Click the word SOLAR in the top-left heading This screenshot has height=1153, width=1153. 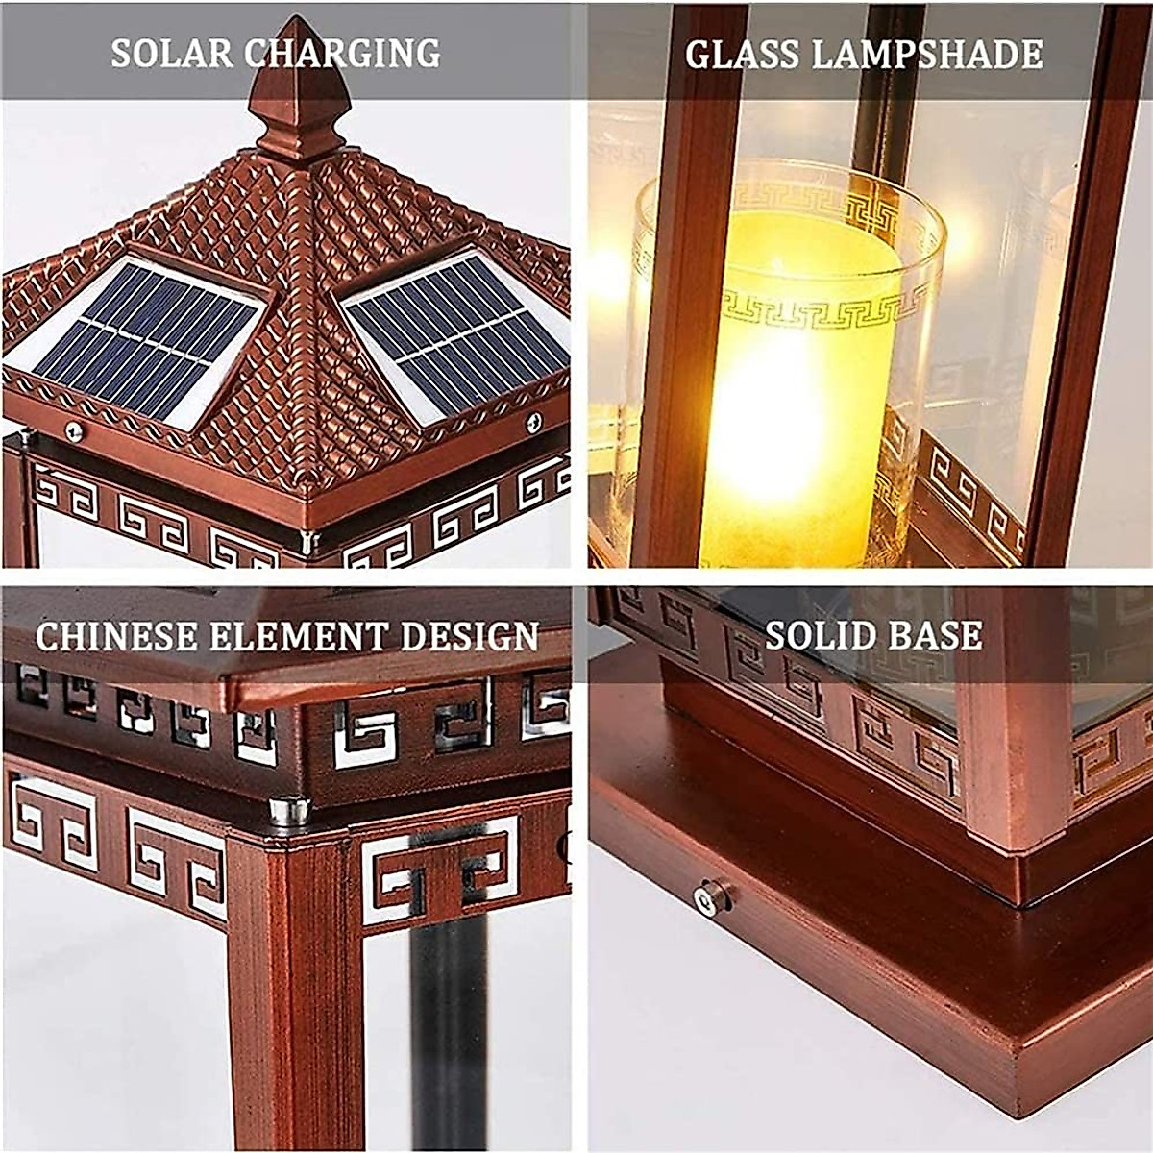170,53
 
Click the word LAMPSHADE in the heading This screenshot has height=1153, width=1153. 928,55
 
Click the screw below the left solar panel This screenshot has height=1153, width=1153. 72,430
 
